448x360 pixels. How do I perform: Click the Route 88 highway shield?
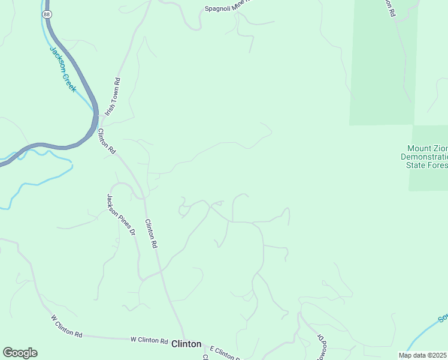[47, 13]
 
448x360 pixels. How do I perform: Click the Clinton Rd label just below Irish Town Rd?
[107, 142]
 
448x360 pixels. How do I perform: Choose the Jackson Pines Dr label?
[121, 214]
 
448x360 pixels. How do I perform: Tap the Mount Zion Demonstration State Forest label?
[426, 157]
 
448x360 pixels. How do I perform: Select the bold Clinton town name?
[186, 344]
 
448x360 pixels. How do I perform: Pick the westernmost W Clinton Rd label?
[66, 326]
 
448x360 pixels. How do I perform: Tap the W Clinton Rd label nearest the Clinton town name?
[149, 340]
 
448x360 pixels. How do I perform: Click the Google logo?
[20, 353]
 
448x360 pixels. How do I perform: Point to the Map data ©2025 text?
[422, 355]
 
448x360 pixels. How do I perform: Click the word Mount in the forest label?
[419, 148]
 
